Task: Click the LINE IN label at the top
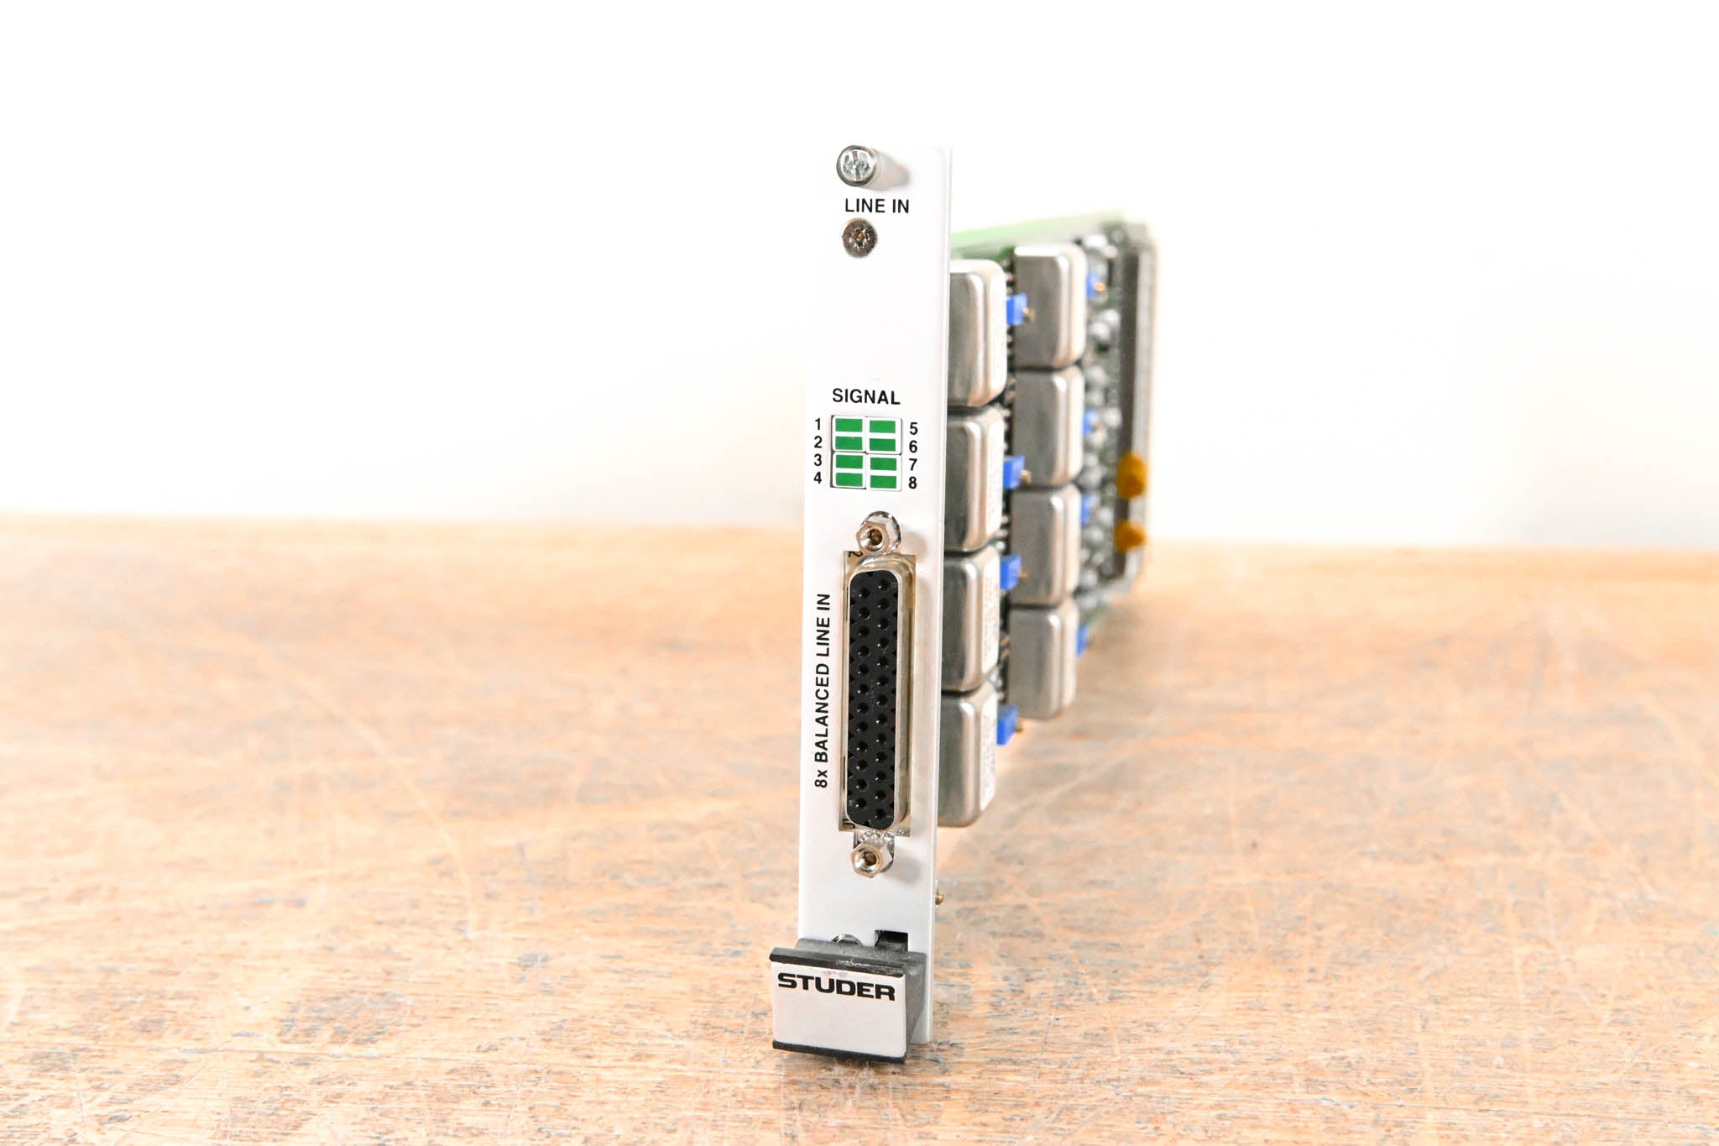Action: [x=876, y=206]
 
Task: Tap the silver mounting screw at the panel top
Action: [x=857, y=165]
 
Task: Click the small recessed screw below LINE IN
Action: [x=859, y=238]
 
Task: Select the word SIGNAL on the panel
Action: [x=865, y=396]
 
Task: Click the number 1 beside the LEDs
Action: [x=818, y=425]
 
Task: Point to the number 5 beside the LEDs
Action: [x=913, y=428]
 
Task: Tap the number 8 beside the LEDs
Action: [x=912, y=483]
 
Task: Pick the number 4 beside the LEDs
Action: [x=818, y=478]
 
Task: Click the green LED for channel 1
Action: [x=849, y=426]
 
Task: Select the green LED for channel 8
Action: [x=882, y=480]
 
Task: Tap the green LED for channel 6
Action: [x=882, y=443]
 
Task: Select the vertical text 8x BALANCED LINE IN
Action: [x=823, y=690]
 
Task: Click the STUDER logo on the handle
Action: [x=836, y=986]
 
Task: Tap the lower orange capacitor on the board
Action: [x=1131, y=535]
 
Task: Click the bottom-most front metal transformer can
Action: [x=968, y=756]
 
